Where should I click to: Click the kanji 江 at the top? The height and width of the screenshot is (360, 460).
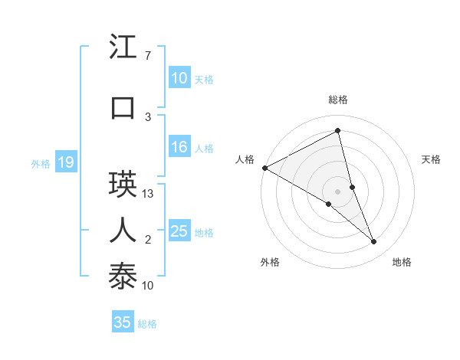[123, 48]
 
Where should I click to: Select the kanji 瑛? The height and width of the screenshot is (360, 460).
[123, 185]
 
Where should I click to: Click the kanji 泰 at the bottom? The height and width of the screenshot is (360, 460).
[123, 275]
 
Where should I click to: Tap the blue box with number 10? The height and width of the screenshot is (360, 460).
[179, 78]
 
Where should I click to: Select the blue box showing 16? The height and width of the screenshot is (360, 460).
[179, 148]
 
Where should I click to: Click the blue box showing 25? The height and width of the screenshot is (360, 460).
[179, 232]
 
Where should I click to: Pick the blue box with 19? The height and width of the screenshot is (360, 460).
[65, 162]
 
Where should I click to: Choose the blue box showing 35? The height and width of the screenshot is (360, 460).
[123, 322]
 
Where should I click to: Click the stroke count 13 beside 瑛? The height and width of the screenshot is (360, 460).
[149, 194]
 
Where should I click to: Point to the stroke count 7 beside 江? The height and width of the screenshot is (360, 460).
[147, 56]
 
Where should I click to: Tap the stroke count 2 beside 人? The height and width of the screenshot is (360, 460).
[148, 240]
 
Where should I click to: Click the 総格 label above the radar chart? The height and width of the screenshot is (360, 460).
[338, 100]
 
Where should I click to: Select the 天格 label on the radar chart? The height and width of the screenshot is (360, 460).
[432, 159]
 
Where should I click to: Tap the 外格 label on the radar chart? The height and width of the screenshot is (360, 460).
[270, 262]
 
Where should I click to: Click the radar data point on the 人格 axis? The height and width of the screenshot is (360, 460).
[264, 168]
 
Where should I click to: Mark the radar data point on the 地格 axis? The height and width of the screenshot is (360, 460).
[374, 241]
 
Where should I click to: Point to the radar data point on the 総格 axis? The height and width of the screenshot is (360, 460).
[337, 131]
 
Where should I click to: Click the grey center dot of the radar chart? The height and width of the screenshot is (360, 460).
[337, 191]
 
